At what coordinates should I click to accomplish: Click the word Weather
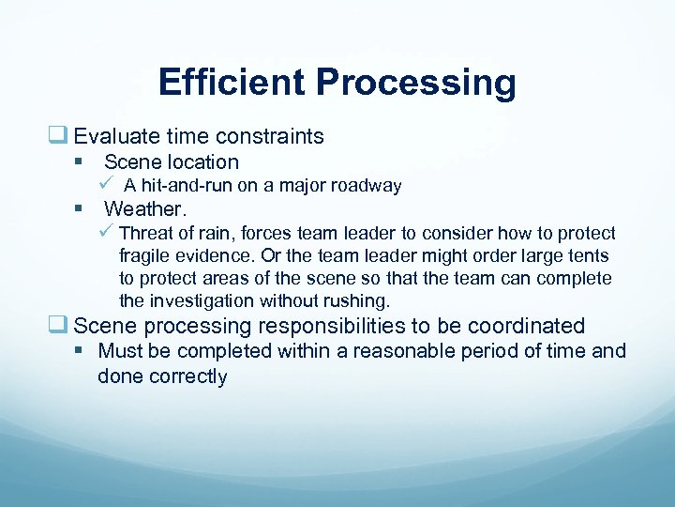(152, 208)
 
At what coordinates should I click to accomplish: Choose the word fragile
(145, 255)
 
